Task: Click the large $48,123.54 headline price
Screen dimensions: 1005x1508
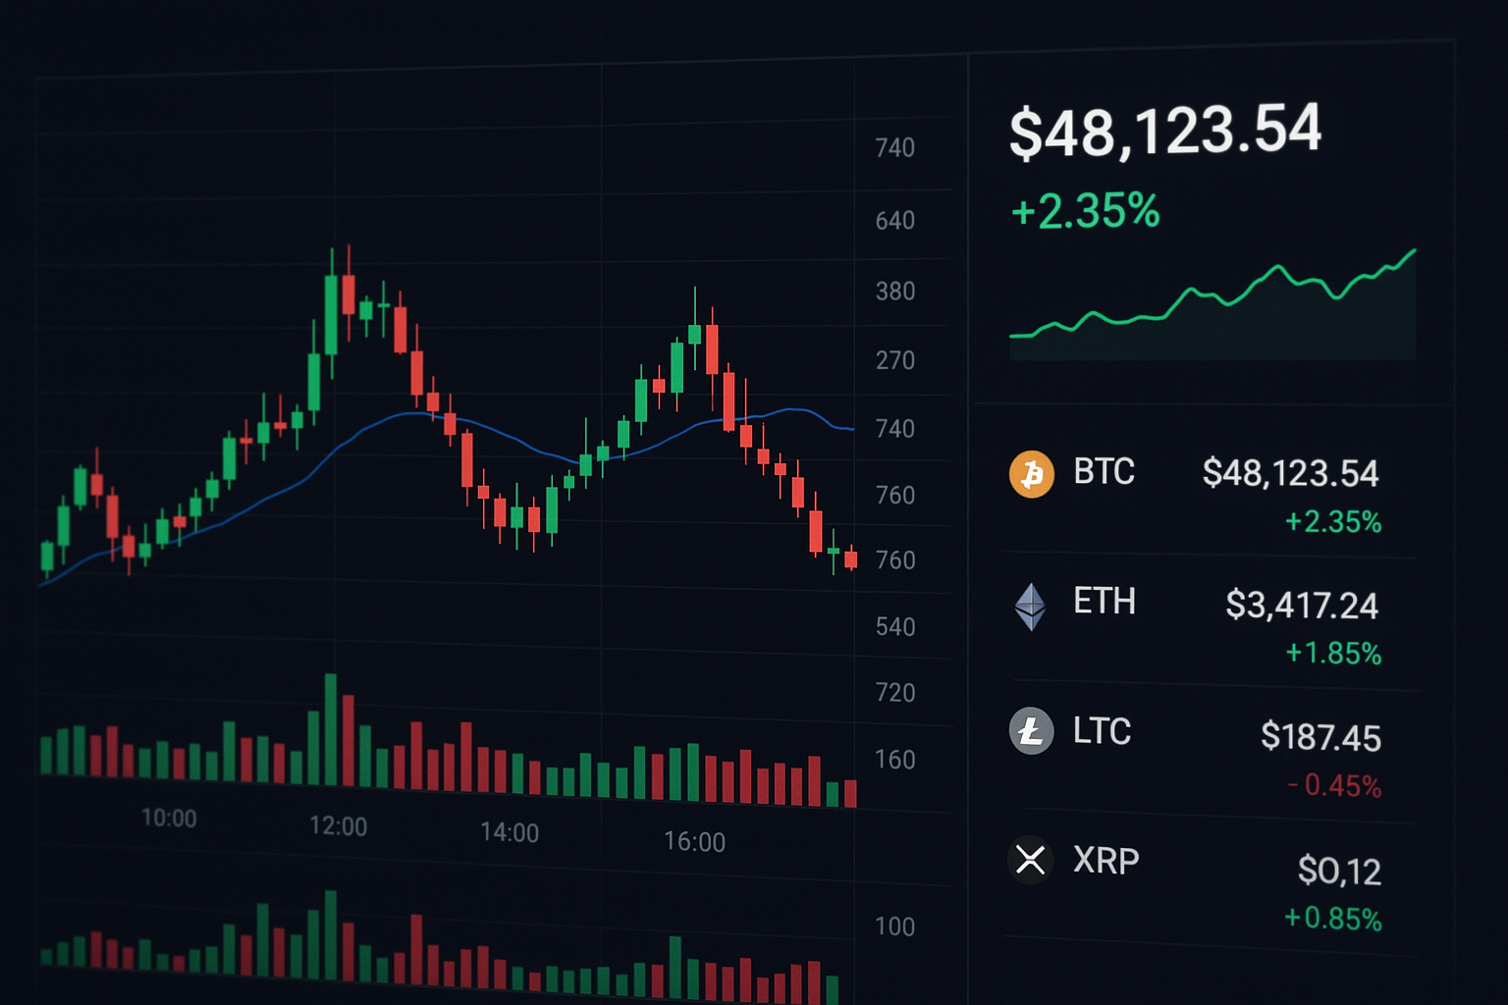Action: pyautogui.click(x=1165, y=131)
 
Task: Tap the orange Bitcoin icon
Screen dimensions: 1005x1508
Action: pyautogui.click(x=1031, y=474)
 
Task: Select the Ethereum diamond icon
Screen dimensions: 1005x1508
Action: pyautogui.click(x=1030, y=606)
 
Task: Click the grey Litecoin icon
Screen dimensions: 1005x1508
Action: pyautogui.click(x=1031, y=731)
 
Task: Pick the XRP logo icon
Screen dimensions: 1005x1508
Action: pyautogui.click(x=1030, y=860)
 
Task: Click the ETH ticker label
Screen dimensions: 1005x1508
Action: pyautogui.click(x=1104, y=601)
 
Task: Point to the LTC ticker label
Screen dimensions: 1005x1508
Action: pyautogui.click(x=1102, y=731)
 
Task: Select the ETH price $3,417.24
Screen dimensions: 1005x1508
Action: pyautogui.click(x=1302, y=606)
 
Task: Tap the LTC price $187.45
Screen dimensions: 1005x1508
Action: pyautogui.click(x=1320, y=737)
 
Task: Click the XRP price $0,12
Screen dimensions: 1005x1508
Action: pyautogui.click(x=1339, y=871)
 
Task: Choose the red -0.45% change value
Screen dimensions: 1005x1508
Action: pyautogui.click(x=1334, y=786)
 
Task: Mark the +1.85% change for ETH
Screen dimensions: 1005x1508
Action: pyautogui.click(x=1333, y=653)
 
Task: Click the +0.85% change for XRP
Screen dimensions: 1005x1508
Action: pyautogui.click(x=1332, y=919)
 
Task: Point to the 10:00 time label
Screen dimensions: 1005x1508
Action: pyautogui.click(x=169, y=818)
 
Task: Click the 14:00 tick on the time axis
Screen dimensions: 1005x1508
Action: pyautogui.click(x=510, y=832)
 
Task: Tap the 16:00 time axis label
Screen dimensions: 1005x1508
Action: pyautogui.click(x=694, y=841)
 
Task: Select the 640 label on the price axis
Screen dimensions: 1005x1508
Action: pyautogui.click(x=895, y=220)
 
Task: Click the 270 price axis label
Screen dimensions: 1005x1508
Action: pyautogui.click(x=895, y=360)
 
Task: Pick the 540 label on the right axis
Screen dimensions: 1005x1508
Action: pyautogui.click(x=895, y=626)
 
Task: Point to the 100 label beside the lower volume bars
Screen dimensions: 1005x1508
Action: pyautogui.click(x=894, y=926)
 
